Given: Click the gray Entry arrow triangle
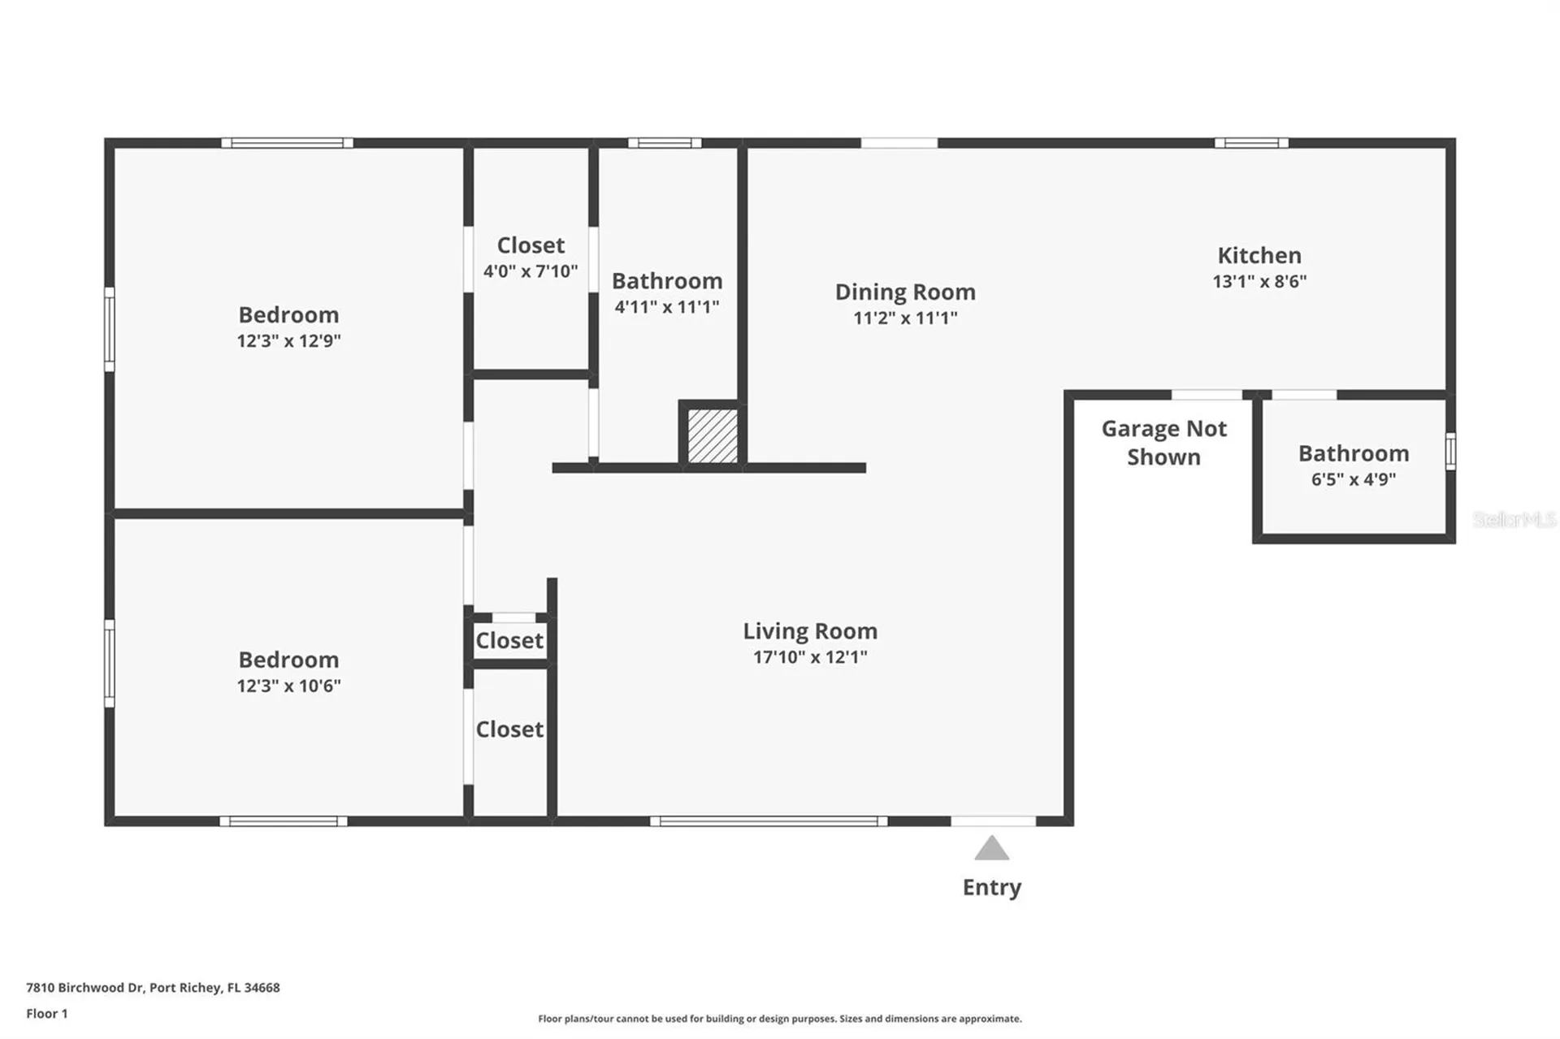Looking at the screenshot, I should click(991, 850).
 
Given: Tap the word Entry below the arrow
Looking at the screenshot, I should click(991, 887).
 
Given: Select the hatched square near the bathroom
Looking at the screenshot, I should click(713, 436).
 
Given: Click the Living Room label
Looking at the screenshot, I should click(809, 631).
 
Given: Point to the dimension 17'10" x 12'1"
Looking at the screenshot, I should click(809, 657).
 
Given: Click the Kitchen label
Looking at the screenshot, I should click(1259, 256).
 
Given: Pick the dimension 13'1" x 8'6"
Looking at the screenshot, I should click(1259, 282).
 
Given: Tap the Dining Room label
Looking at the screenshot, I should click(905, 292).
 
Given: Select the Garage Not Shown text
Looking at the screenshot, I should click(1163, 443).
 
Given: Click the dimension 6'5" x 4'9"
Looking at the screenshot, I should click(1353, 479).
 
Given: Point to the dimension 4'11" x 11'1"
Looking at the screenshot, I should click(666, 307).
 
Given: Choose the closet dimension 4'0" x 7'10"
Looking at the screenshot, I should click(531, 271).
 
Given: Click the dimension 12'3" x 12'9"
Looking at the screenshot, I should click(288, 341).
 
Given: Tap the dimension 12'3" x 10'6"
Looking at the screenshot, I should click(288, 686).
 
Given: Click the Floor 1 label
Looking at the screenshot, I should click(47, 1014).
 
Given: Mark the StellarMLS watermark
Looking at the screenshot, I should click(1514, 519).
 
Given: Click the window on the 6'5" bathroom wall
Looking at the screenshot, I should click(1450, 451).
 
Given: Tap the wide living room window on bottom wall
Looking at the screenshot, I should click(768, 821).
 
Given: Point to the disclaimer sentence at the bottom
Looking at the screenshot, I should click(779, 1019).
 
